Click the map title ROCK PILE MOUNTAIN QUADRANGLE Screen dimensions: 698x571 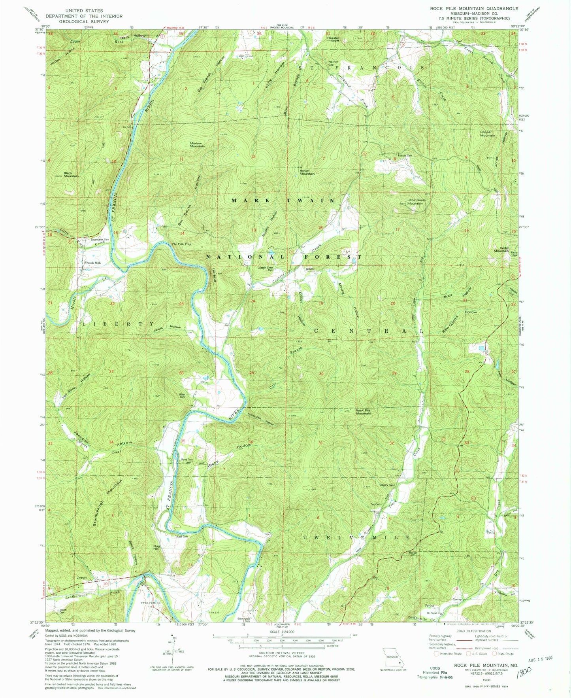click(x=474, y=8)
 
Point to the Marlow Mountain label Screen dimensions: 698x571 click(x=197, y=144)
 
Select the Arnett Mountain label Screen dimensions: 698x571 click(x=307, y=172)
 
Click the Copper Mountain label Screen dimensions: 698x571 click(x=487, y=134)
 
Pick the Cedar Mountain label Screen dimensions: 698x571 click(x=501, y=249)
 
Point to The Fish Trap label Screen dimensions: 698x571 click(x=181, y=244)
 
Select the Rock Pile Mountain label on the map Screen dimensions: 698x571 click(x=363, y=412)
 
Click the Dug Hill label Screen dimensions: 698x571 click(x=156, y=547)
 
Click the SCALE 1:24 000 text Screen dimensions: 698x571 click(x=281, y=632)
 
